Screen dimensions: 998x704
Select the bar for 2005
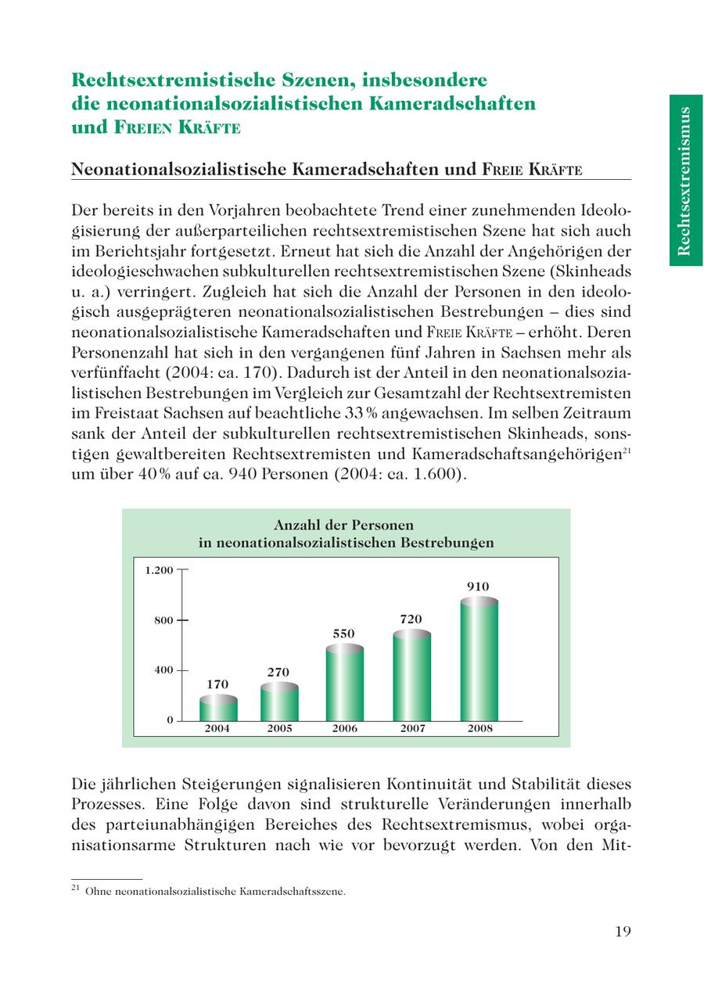tap(279, 702)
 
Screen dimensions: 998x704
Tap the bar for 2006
tap(345, 684)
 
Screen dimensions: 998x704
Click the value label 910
tap(478, 587)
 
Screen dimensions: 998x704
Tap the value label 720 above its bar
tap(411, 619)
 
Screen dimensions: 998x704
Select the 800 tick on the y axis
tap(164, 620)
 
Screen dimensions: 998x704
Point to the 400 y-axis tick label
tap(164, 670)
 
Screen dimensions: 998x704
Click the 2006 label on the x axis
tap(345, 728)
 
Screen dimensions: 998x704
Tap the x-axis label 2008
tap(480, 728)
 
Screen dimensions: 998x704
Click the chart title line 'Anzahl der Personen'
tap(343, 525)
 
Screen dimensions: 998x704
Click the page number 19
tap(623, 931)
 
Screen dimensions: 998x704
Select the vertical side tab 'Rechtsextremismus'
tap(685, 181)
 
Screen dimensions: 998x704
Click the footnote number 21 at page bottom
tap(76, 889)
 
